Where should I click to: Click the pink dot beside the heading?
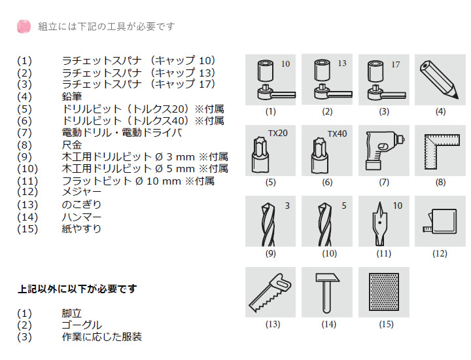click(24, 26)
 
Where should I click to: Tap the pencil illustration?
click(440, 80)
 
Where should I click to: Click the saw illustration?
click(270, 293)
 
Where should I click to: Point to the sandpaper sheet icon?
click(383, 292)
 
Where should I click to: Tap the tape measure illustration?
click(440, 221)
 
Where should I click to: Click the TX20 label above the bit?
click(278, 133)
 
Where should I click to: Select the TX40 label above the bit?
click(337, 134)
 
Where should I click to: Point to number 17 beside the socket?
click(395, 65)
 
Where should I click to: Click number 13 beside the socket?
click(342, 63)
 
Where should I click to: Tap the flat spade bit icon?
click(379, 224)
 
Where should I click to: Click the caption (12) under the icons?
click(440, 253)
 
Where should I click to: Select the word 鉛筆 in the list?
click(72, 96)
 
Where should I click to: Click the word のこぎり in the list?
click(81, 205)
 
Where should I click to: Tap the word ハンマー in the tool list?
click(81, 217)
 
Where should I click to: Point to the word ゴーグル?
click(82, 325)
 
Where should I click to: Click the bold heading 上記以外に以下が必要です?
click(77, 289)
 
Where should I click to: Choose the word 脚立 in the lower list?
click(72, 313)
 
